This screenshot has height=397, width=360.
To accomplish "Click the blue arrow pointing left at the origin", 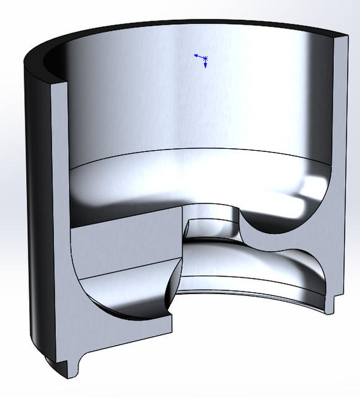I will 196,55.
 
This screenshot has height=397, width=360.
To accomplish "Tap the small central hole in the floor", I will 211,226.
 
